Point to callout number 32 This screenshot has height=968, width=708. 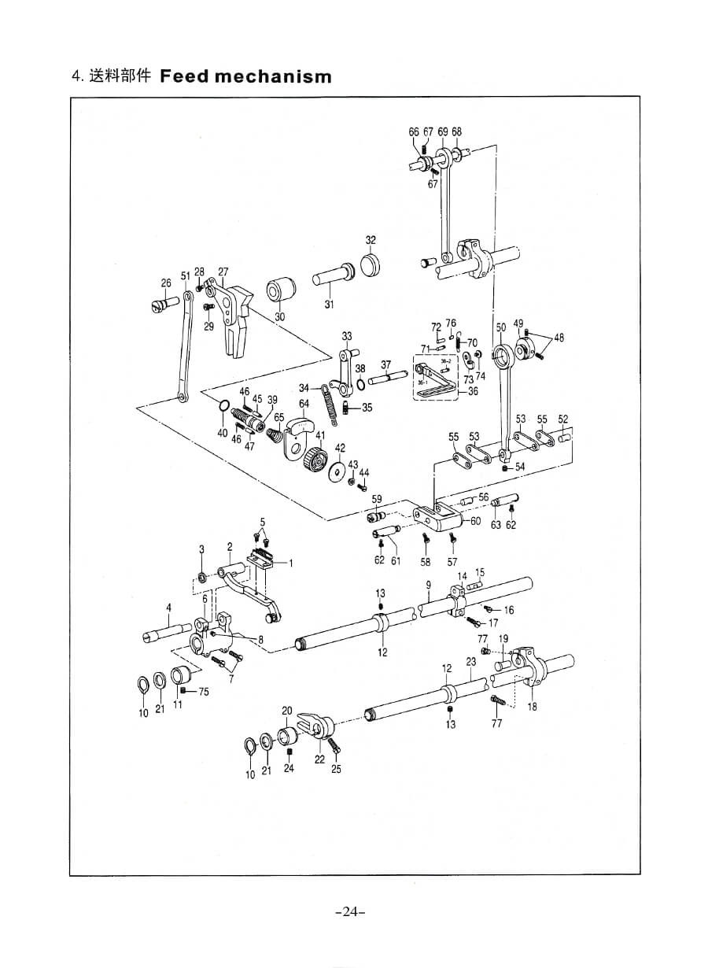point(371,239)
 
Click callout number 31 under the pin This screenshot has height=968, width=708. point(329,305)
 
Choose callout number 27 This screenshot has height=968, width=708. point(223,272)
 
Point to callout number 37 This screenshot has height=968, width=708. point(385,364)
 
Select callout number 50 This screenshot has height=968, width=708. point(501,326)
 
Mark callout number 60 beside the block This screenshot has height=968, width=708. point(476,521)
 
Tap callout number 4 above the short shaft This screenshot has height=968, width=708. point(168,607)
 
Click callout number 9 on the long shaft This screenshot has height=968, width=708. point(429,585)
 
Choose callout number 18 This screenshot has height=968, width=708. point(533,707)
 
